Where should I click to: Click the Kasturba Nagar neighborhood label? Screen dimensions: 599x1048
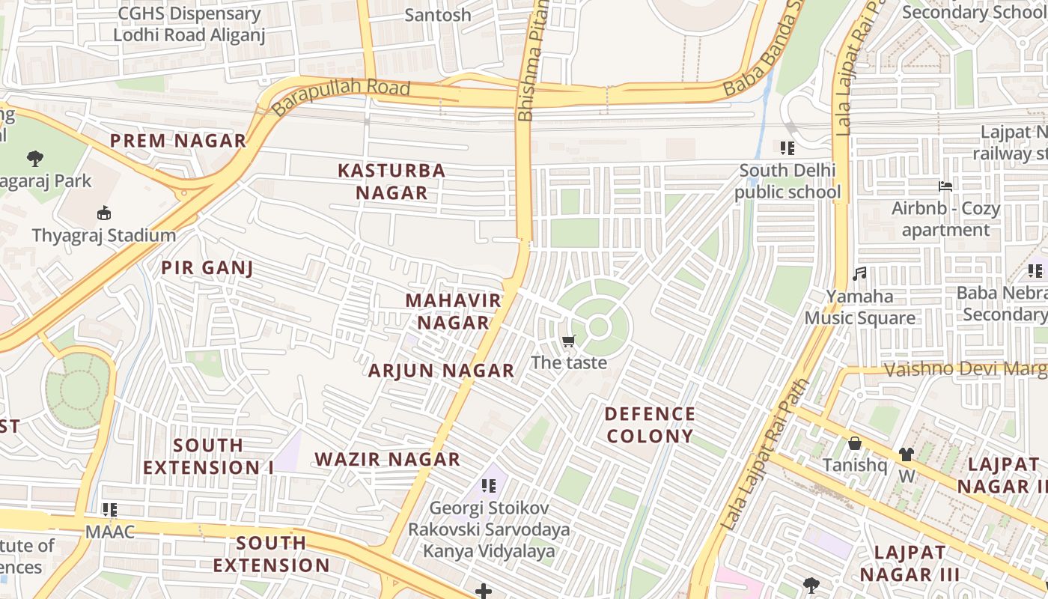click(392, 181)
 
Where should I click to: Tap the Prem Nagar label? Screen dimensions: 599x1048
click(178, 141)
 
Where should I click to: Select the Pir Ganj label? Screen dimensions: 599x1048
click(207, 268)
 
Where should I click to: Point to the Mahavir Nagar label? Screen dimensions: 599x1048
click(453, 311)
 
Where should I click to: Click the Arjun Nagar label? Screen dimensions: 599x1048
click(441, 371)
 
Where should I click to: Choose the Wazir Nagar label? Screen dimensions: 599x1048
click(387, 460)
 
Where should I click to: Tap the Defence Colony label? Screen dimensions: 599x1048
click(650, 425)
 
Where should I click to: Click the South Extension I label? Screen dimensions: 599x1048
click(208, 457)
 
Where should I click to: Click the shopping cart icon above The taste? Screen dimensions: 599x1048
click(569, 341)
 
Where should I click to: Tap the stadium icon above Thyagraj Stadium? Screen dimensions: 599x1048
click(104, 213)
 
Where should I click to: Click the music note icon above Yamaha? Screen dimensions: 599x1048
click(859, 274)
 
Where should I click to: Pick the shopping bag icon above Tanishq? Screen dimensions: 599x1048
click(854, 444)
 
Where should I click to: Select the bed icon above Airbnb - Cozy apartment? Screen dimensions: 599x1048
click(945, 186)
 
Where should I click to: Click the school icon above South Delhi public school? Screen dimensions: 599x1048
click(787, 148)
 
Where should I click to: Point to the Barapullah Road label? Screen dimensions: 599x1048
click(341, 96)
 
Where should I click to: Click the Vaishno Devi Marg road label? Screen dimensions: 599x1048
click(966, 369)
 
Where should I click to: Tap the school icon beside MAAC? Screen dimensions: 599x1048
click(110, 510)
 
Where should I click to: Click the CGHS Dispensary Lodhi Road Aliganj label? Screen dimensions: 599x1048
click(189, 24)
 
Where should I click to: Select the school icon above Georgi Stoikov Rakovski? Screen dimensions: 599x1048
click(489, 486)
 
